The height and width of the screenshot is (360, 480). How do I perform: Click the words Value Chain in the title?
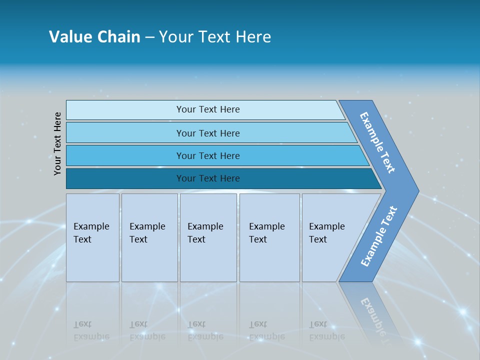click(94, 37)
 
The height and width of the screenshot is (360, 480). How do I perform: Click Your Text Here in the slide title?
click(215, 37)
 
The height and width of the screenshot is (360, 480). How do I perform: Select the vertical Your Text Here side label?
click(58, 143)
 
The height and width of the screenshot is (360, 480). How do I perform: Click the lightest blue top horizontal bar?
click(207, 109)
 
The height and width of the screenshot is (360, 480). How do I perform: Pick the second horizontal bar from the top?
click(207, 133)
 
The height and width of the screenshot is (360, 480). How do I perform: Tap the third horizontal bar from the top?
click(207, 155)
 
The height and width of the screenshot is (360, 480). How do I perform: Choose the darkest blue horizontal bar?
click(207, 178)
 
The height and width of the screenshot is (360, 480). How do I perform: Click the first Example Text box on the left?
click(92, 237)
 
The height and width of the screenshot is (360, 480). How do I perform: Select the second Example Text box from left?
click(149, 237)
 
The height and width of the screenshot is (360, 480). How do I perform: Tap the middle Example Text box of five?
click(208, 237)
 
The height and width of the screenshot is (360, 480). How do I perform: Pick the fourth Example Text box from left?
click(269, 237)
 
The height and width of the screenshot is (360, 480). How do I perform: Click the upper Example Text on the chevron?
click(377, 142)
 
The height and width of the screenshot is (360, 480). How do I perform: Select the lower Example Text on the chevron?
click(379, 236)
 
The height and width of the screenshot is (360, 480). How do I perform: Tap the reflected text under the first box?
click(91, 330)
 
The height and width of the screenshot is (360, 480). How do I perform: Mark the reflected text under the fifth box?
click(326, 330)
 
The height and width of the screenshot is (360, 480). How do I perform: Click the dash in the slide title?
click(149, 37)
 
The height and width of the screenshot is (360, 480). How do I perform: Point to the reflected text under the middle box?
click(205, 330)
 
